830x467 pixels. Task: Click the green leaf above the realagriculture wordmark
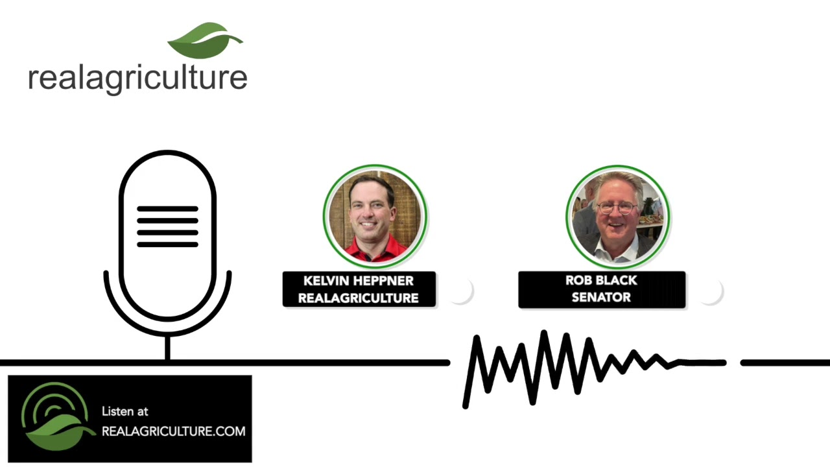click(205, 41)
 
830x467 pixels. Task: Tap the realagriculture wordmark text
click(137, 79)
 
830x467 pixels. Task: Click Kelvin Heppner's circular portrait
click(375, 216)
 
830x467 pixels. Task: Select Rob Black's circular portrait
click(618, 217)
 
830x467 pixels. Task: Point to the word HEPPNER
click(383, 281)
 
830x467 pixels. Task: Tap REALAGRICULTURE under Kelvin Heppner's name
click(359, 298)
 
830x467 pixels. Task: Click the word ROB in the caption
click(577, 280)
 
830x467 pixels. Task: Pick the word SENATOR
click(601, 297)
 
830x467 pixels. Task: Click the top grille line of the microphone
click(167, 209)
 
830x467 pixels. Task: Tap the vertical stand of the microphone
click(167, 347)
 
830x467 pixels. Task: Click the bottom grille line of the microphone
click(167, 245)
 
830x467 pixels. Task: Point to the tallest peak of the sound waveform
click(544, 333)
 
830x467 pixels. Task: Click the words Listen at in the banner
click(125, 411)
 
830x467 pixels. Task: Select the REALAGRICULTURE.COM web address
click(173, 431)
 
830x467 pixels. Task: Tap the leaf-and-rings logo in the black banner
click(58, 416)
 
